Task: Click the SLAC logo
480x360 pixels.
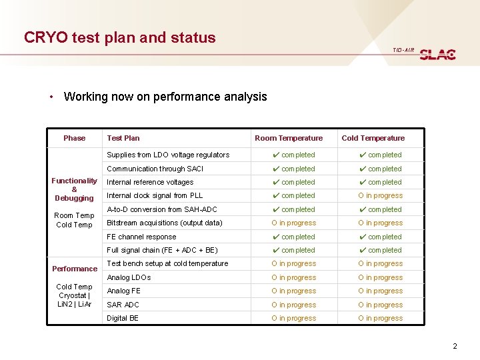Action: tap(438, 55)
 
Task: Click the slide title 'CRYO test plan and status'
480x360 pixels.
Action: tap(120, 37)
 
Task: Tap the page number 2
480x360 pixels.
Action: tap(455, 346)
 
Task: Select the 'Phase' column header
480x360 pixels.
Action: tap(74, 138)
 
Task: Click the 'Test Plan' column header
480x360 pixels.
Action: tap(123, 138)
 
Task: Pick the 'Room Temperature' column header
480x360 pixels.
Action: tap(289, 138)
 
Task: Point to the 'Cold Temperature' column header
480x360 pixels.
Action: tap(373, 138)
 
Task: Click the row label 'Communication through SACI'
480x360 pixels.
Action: tap(155, 169)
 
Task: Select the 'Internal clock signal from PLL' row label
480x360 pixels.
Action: tap(155, 195)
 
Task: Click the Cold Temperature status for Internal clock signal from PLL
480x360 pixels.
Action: tap(380, 196)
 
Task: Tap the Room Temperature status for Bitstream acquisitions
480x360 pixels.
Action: tap(293, 223)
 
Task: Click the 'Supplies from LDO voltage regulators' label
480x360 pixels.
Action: tap(168, 155)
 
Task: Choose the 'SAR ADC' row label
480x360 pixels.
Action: tap(123, 305)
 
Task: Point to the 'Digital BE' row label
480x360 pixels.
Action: tap(123, 318)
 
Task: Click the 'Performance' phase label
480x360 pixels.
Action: tap(75, 269)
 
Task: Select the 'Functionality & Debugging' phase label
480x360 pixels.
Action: tap(74, 189)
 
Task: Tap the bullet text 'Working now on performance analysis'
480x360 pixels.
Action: tap(165, 97)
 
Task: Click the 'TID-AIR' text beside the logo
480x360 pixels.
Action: tap(403, 50)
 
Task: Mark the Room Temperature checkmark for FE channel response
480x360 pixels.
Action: tap(276, 237)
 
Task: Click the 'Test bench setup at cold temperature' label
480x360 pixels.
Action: tap(167, 263)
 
